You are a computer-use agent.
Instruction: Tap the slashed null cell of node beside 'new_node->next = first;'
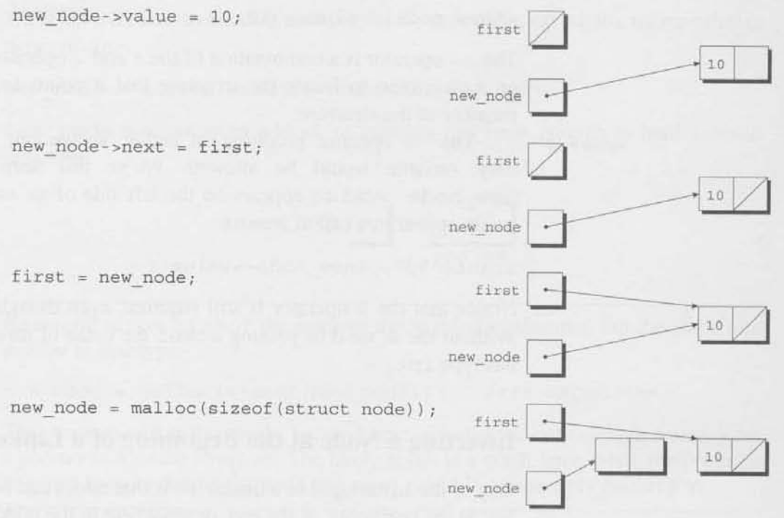750,196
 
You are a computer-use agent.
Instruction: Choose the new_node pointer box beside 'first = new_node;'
546,356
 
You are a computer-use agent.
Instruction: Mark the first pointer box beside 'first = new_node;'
546,290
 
